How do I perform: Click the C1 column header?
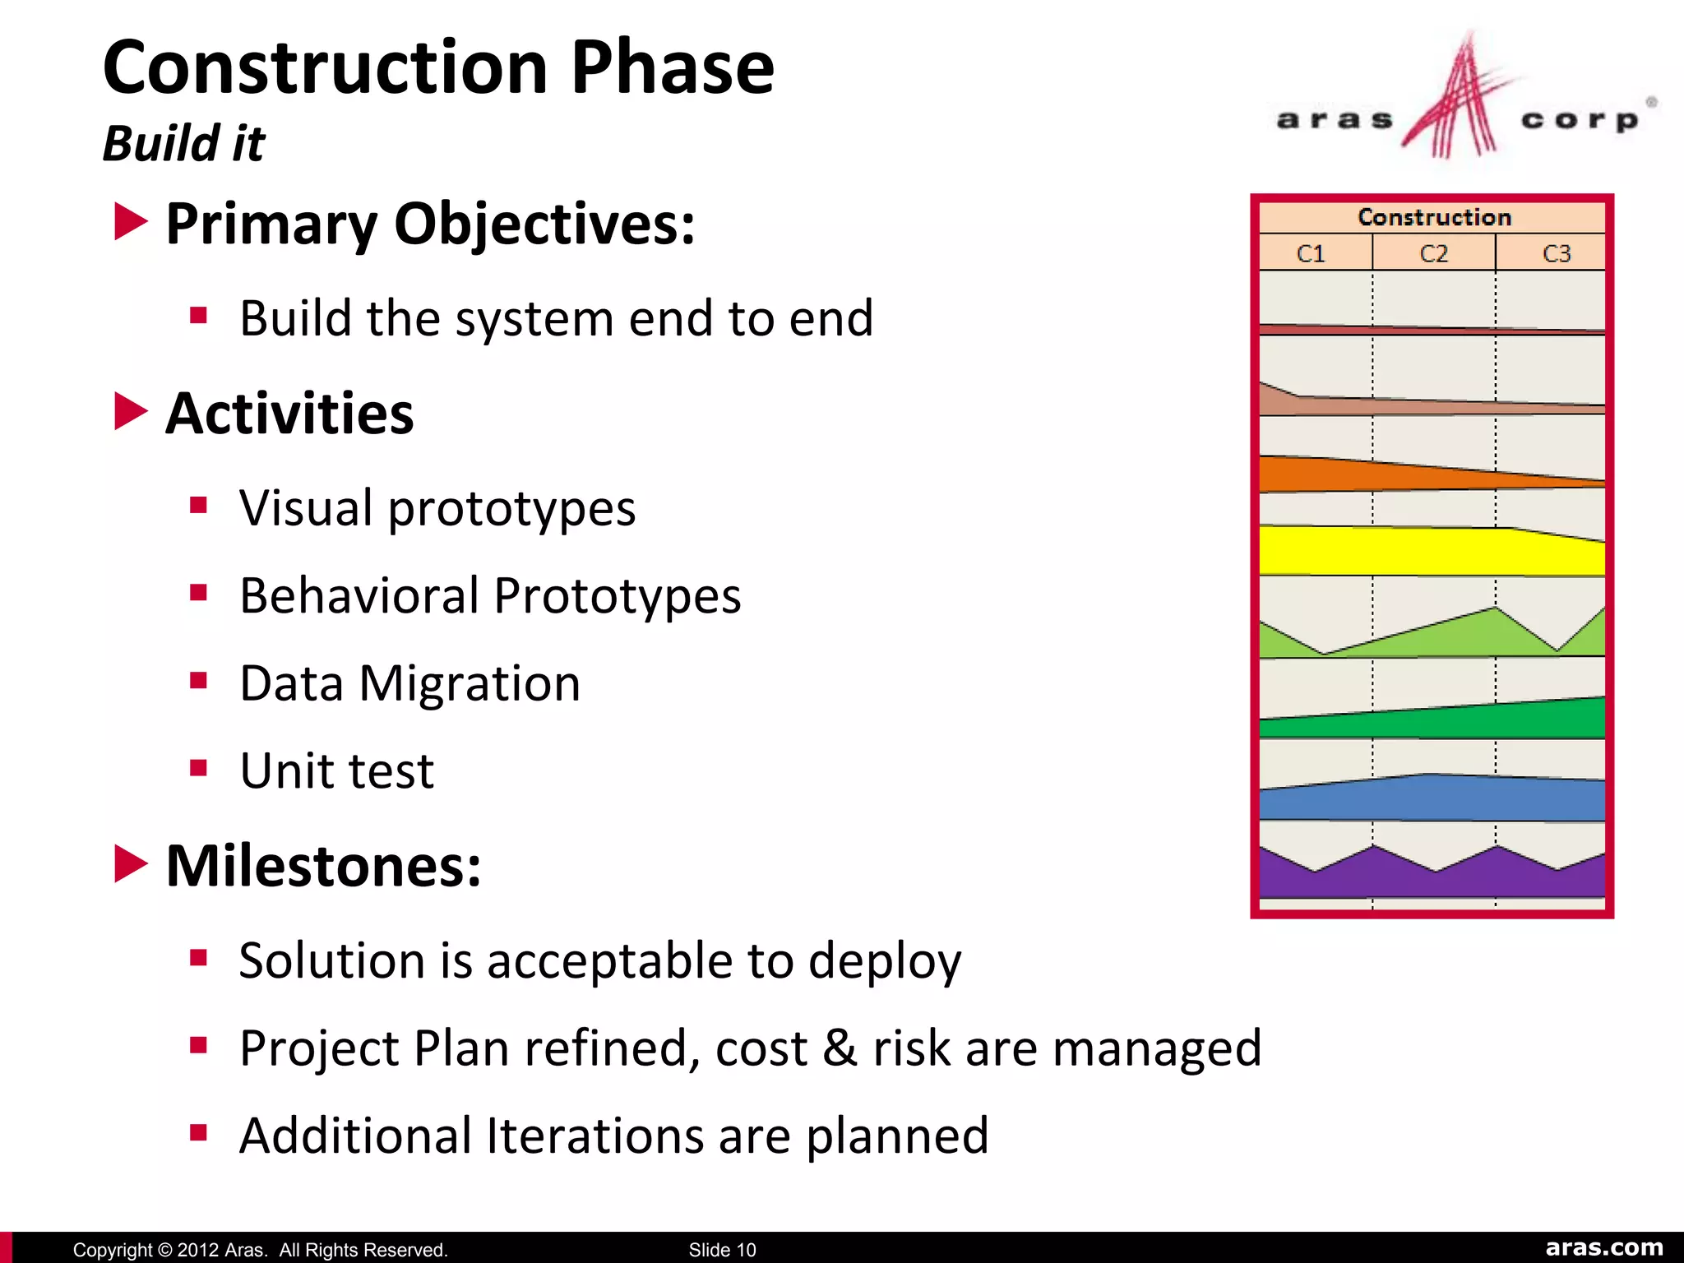(1311, 253)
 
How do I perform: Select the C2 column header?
(1433, 253)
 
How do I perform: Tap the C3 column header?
(1556, 253)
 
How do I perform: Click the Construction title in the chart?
(1433, 217)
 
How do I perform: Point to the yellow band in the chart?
(1431, 551)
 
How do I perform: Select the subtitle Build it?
(183, 143)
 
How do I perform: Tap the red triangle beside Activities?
(130, 411)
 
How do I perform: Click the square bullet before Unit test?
(198, 768)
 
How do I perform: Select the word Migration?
(470, 684)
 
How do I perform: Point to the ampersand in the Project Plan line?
(840, 1048)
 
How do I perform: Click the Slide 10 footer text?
(722, 1250)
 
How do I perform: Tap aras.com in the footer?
(1603, 1247)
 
